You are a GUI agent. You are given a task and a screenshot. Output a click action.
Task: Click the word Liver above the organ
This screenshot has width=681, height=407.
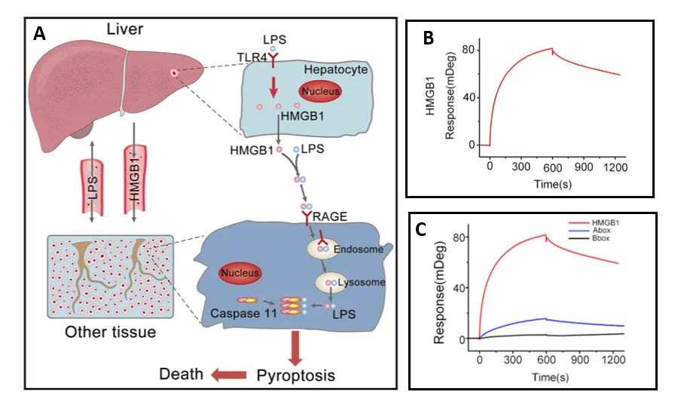pyautogui.click(x=125, y=29)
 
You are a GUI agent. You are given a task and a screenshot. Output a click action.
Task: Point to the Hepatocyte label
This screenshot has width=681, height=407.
pyautogui.click(x=334, y=69)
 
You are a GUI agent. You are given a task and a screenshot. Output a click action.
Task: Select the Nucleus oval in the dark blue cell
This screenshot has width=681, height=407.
pyautogui.click(x=240, y=272)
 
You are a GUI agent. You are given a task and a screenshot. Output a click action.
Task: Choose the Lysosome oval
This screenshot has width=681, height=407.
pyautogui.click(x=332, y=283)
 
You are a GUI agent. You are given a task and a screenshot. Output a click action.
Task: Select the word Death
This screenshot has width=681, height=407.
pyautogui.click(x=181, y=375)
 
